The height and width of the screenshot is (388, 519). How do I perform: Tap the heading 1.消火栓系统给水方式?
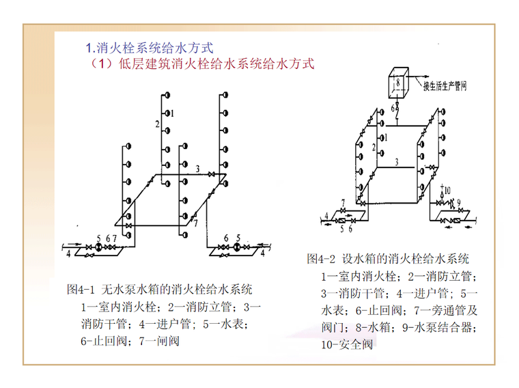[150, 48]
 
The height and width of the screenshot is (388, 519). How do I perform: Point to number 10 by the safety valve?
[448, 189]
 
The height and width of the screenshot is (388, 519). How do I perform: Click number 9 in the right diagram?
[459, 202]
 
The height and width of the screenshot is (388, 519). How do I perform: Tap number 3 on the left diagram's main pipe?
[197, 167]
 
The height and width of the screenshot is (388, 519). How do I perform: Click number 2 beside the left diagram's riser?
[156, 124]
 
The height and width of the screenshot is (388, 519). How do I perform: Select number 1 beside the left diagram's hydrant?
[173, 112]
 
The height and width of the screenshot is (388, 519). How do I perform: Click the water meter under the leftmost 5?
[99, 247]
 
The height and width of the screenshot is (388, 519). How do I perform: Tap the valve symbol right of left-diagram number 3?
[212, 176]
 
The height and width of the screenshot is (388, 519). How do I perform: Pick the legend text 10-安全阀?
[347, 344]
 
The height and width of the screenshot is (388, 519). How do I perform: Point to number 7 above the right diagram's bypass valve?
[343, 202]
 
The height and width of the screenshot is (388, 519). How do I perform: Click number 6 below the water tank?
[393, 107]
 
